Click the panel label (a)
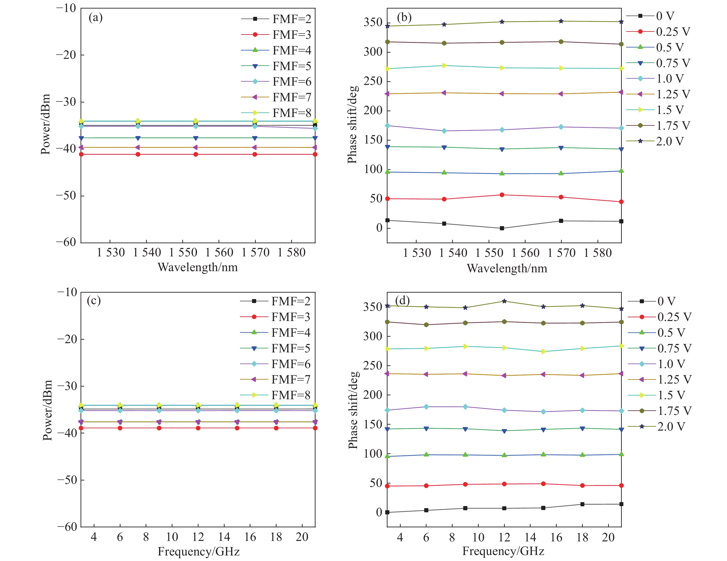[96, 17]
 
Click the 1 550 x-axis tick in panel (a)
[183, 252]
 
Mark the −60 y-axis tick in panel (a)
[66, 242]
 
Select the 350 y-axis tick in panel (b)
[373, 23]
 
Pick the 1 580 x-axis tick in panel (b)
[598, 253]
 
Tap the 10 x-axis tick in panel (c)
[172, 537]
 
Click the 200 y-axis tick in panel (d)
[373, 395]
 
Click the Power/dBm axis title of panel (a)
[46, 124]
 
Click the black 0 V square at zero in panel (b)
[502, 228]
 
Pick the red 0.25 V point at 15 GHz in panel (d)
[543, 484]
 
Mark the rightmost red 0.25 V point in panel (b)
[621, 202]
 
